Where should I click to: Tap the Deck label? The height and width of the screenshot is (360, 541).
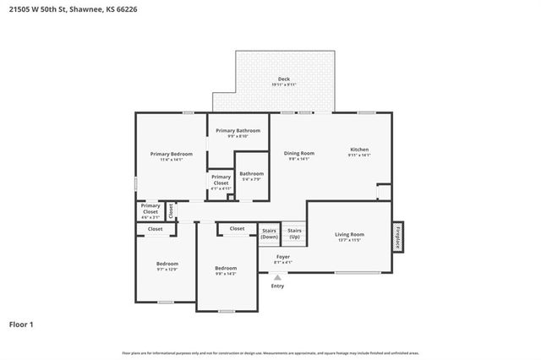point(283,81)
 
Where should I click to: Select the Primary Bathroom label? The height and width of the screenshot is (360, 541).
point(238,133)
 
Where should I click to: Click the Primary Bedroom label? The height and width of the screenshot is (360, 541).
point(172,156)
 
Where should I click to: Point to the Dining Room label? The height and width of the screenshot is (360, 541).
point(299,155)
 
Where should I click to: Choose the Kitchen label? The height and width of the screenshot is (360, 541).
point(360,152)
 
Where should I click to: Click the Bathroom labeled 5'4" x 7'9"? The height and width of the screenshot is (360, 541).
point(252,176)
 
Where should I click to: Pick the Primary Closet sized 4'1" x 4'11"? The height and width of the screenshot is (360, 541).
point(221,182)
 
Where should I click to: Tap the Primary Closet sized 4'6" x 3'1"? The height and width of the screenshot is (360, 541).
point(150,210)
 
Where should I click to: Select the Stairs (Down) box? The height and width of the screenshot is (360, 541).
point(269,233)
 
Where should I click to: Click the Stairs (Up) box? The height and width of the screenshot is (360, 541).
point(294,233)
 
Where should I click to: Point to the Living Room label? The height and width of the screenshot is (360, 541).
point(349,237)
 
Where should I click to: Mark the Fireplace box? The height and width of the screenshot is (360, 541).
point(397,237)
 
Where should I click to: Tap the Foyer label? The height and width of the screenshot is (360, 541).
point(282,259)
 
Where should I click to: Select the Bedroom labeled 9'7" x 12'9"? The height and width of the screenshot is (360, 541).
point(167,266)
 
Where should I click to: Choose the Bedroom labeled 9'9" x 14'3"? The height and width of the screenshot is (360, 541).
point(226,270)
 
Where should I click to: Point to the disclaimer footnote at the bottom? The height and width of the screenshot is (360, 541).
point(270,352)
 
